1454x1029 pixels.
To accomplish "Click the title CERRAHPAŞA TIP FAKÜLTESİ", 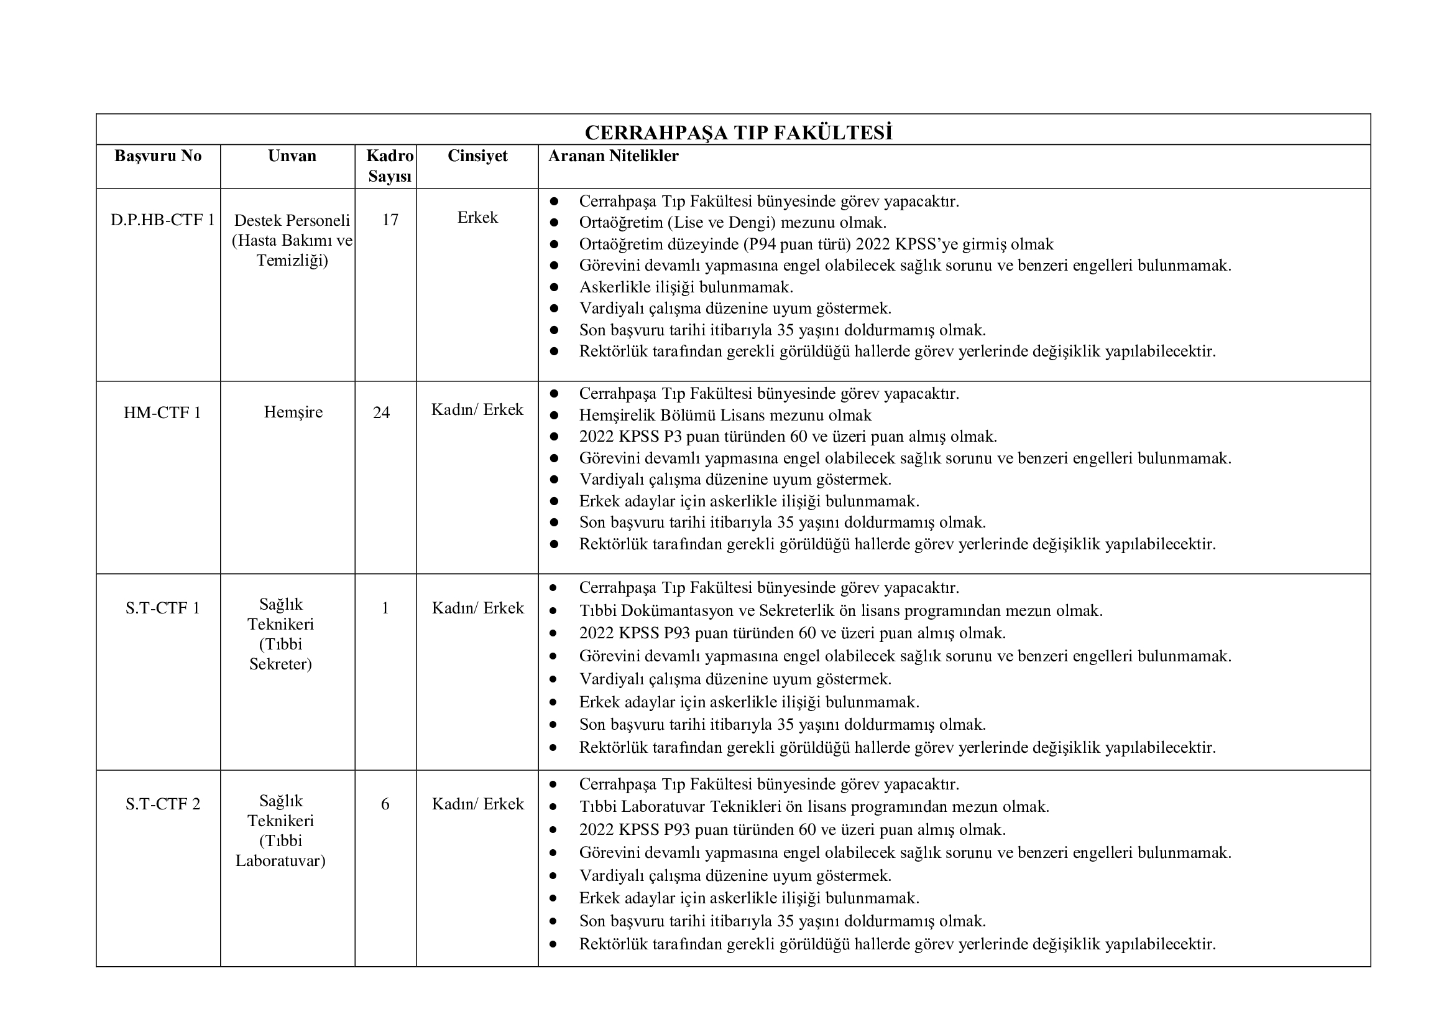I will pos(739,133).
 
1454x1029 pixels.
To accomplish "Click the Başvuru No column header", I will pos(158,156).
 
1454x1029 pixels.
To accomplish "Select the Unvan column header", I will pos(292,156).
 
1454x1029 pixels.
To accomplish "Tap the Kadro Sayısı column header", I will pos(390,166).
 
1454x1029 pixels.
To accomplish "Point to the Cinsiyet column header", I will pos(477,156).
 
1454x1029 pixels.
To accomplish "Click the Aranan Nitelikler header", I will pos(613,156).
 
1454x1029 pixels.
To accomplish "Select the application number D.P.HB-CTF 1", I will pos(162,220).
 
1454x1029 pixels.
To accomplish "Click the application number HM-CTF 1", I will pos(162,413).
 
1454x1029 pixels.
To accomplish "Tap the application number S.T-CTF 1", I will pos(162,608).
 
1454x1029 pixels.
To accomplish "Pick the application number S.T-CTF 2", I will pos(162,804).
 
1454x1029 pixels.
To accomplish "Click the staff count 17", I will pos(390,220).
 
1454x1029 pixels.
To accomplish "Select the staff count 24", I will pos(381,413).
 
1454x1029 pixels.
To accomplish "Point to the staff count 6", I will pos(385,804).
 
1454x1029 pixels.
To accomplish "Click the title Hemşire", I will pos(293,412).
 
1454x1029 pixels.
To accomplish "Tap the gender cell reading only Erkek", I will pos(477,217).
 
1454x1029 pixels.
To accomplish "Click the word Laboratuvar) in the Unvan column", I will pos(280,861).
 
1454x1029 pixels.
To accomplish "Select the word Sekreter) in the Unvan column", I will pos(280,664).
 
